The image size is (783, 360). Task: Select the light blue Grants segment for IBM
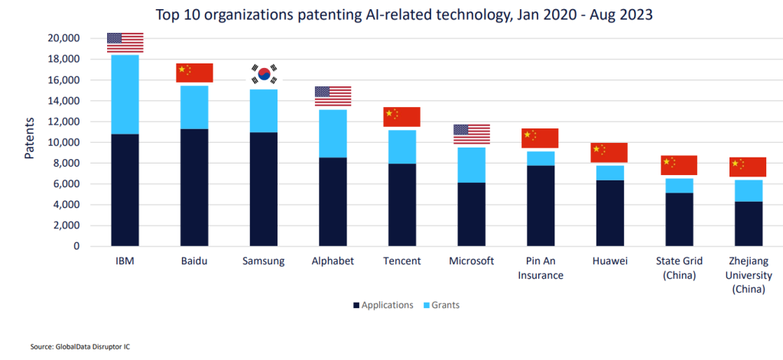click(x=125, y=94)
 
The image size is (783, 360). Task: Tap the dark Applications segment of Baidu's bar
click(x=194, y=187)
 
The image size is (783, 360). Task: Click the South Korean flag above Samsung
click(x=264, y=74)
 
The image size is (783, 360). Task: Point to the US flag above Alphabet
click(x=333, y=96)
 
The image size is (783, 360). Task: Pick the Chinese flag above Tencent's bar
click(x=401, y=116)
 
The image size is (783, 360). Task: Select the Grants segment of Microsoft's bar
click(x=471, y=165)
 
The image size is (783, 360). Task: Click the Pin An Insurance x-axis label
click(x=540, y=268)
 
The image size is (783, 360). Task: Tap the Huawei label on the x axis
click(x=609, y=261)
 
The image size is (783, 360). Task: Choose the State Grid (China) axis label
click(x=678, y=268)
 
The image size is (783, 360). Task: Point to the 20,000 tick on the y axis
click(x=64, y=38)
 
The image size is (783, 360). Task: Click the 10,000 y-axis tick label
click(x=64, y=142)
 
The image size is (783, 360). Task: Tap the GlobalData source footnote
click(x=75, y=347)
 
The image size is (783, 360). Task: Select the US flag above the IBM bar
click(x=125, y=43)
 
